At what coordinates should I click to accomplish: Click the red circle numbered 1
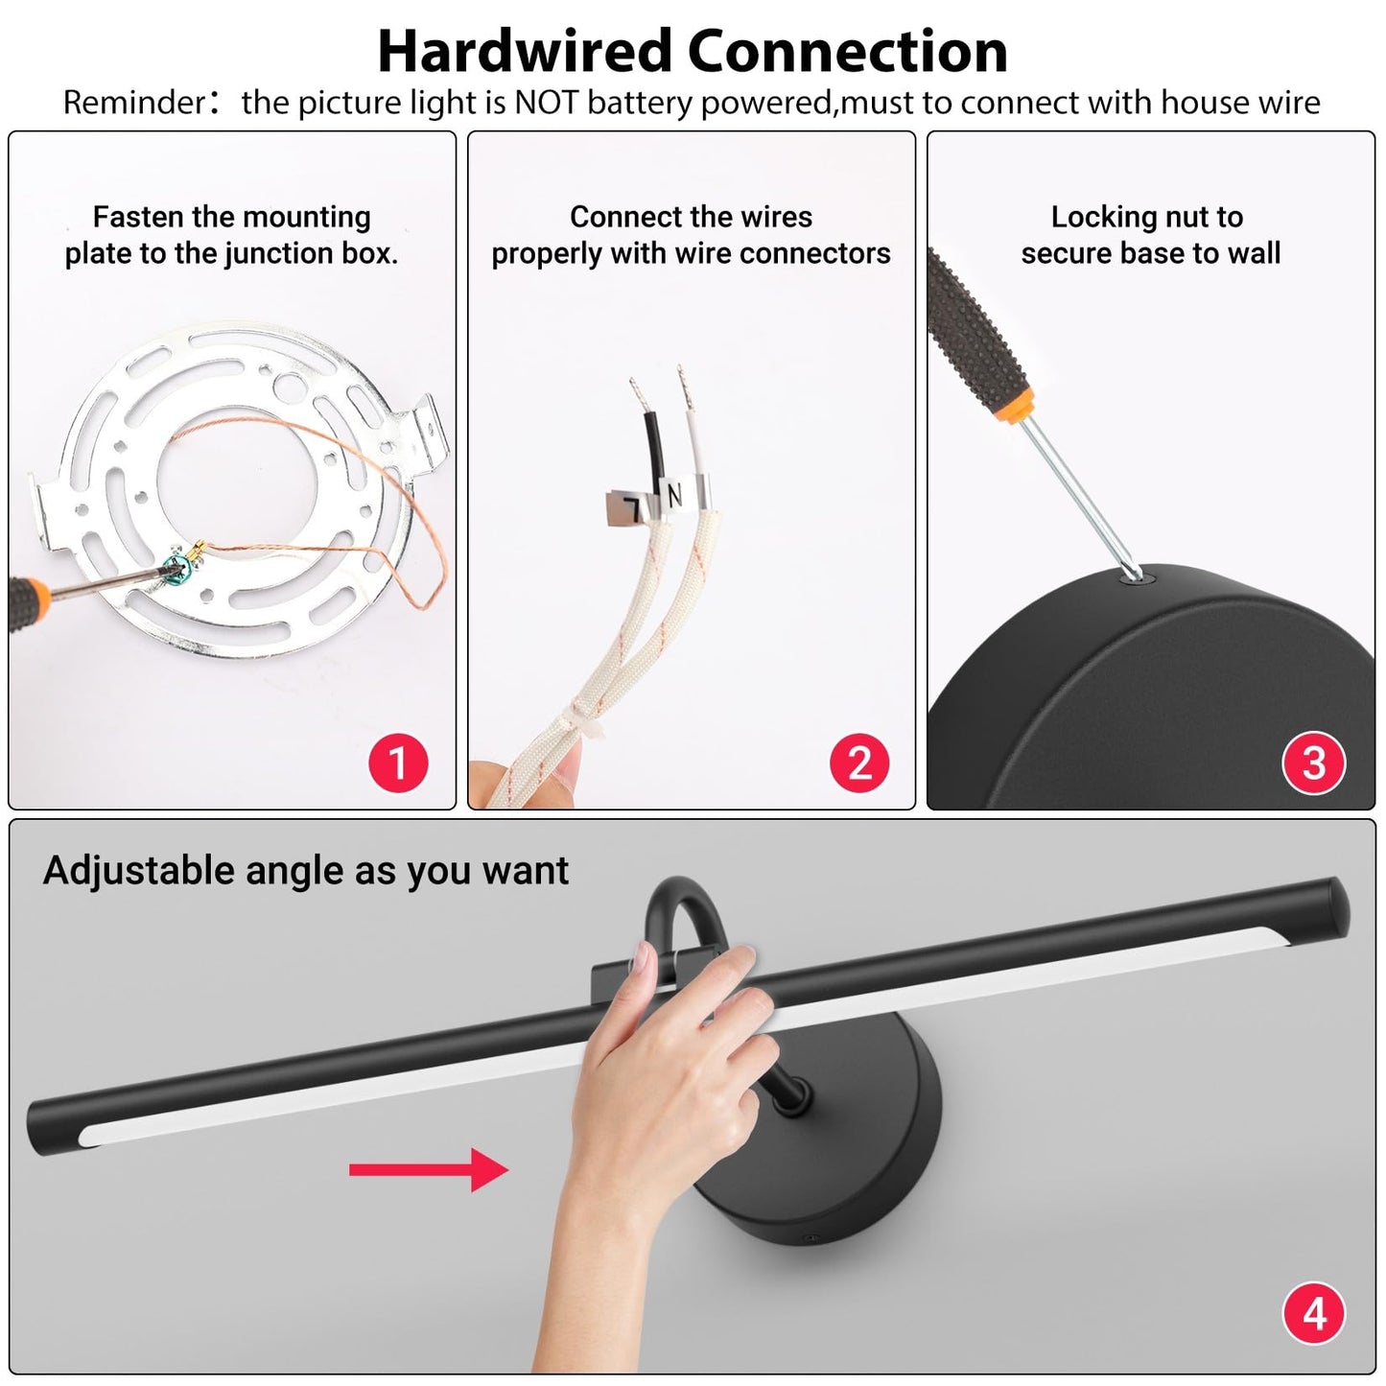pyautogui.click(x=398, y=763)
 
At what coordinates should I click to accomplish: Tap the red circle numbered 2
pyautogui.click(x=858, y=763)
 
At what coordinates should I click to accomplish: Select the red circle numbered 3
pyautogui.click(x=1313, y=763)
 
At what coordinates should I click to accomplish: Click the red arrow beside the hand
pyautogui.click(x=429, y=1169)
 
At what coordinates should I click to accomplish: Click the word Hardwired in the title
pyautogui.click(x=525, y=52)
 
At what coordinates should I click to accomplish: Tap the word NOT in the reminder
pyautogui.click(x=546, y=103)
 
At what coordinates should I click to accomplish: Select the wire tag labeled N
pyautogui.click(x=680, y=495)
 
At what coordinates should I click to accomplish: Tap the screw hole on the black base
pyautogui.click(x=1137, y=576)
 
